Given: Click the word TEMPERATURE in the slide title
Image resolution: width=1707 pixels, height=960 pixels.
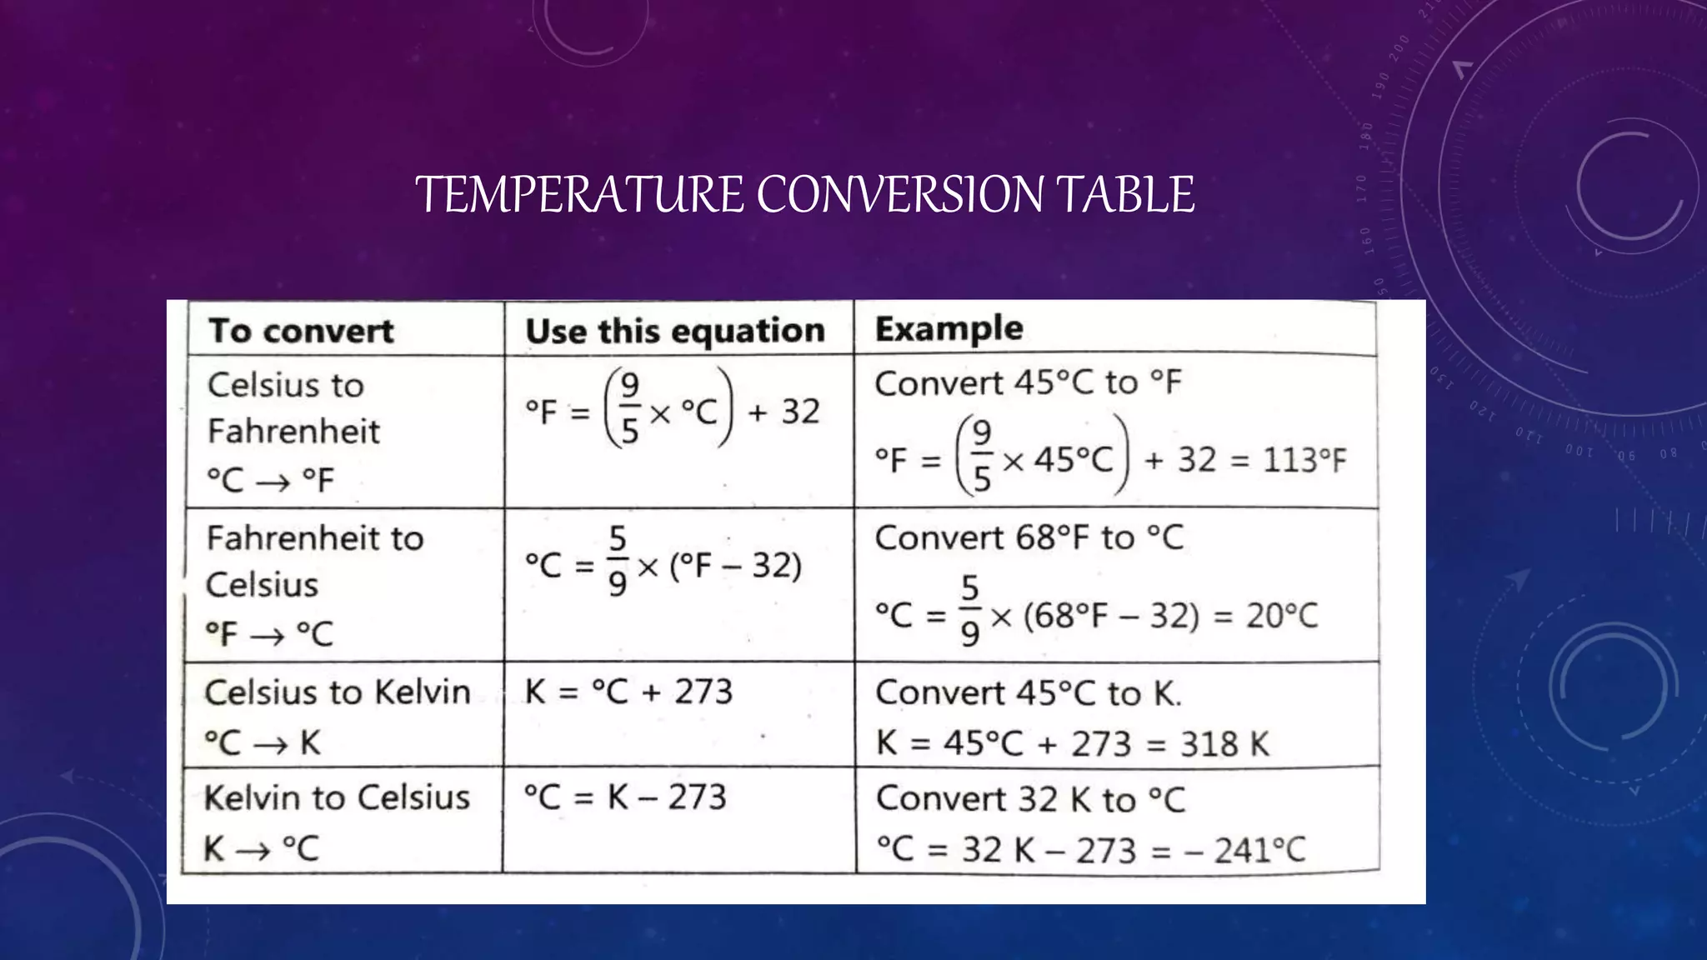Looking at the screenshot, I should [579, 195].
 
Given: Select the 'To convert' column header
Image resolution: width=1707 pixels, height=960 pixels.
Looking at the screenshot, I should [300, 331].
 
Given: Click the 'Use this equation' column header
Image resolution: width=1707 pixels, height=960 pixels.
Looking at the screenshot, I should [675, 331].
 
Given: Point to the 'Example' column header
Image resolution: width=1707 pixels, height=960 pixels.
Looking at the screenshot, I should [949, 328].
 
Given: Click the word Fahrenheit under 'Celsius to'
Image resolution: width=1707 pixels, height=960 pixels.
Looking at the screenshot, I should [293, 432].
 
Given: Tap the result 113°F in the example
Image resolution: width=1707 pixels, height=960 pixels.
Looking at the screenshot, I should [1304, 460].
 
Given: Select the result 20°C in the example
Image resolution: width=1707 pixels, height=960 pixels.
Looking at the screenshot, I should [1282, 616].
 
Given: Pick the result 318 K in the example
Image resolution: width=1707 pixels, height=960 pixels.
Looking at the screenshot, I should [1225, 743].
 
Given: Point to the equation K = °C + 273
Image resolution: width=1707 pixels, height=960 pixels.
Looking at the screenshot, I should [628, 692].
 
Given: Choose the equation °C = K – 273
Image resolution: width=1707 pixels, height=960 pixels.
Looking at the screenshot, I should [625, 797].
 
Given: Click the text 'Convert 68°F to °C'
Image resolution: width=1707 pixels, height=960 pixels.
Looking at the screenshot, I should [1029, 537].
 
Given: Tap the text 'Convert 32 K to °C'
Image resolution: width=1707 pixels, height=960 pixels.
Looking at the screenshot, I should [1030, 799].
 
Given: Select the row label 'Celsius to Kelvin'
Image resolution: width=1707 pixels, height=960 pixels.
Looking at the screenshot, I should [338, 692].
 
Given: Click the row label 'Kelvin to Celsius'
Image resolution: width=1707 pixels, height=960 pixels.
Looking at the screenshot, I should [337, 797].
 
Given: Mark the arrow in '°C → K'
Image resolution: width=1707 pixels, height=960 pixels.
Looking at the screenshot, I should [270, 744].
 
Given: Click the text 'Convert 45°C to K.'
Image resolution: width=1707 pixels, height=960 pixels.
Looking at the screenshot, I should [1029, 693].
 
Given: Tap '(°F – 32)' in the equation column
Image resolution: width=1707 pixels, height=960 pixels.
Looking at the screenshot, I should [735, 566].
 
